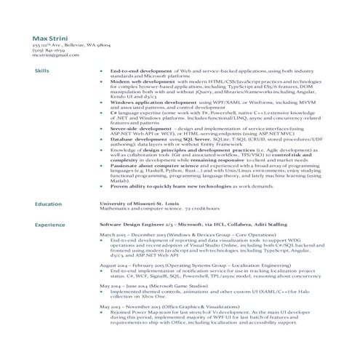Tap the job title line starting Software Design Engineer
189,225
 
